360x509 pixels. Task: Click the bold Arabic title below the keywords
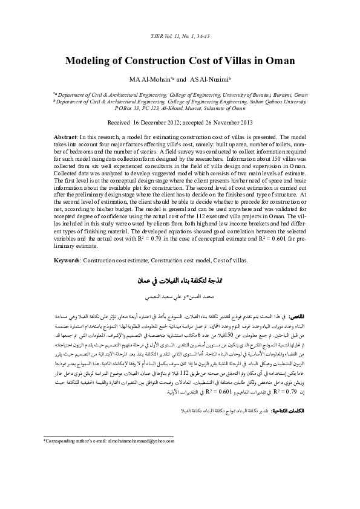[179, 282]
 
